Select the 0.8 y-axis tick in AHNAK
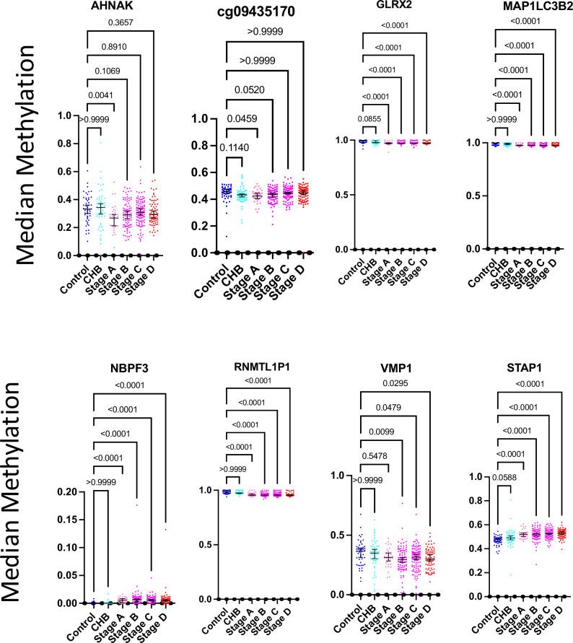tap(49, 143)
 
